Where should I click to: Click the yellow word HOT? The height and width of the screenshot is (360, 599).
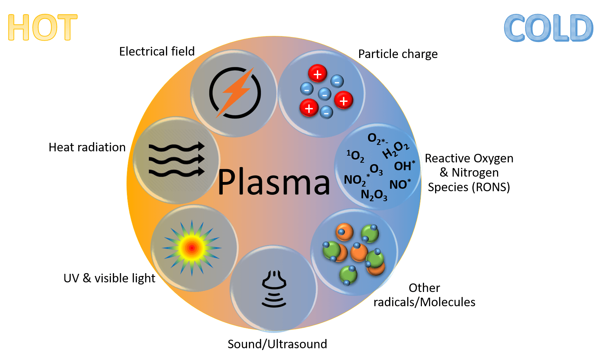43,27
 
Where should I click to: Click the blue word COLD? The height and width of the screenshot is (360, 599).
549,28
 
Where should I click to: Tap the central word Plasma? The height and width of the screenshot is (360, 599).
274,182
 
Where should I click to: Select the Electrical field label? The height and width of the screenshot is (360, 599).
157,51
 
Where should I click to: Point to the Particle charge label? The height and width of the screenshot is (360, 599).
398,54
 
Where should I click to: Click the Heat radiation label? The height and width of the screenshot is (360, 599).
87,147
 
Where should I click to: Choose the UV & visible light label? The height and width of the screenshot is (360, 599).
109,278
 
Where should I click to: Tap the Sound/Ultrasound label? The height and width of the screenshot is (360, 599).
277,344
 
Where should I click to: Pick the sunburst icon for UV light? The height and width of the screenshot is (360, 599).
192,248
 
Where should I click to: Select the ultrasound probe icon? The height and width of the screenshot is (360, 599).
274,289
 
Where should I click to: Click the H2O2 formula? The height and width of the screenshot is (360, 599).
396,150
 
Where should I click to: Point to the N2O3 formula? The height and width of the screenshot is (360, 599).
374,195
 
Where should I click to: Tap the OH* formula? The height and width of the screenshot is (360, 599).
404,166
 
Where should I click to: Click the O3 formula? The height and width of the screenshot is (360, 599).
376,169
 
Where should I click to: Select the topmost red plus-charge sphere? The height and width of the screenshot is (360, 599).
317,73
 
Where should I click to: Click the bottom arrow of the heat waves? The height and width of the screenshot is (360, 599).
177,172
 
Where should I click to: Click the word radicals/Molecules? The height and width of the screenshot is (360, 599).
424,302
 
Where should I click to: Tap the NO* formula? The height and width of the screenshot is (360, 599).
400,184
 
